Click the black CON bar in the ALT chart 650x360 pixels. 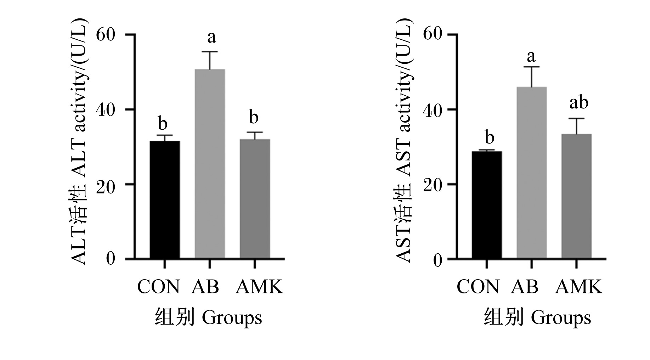click(165, 200)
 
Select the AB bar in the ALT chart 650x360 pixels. click(210, 164)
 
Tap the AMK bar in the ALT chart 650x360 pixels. click(255, 199)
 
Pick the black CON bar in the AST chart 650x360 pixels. click(487, 205)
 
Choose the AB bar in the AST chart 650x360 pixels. click(532, 173)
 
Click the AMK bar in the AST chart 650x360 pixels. click(577, 196)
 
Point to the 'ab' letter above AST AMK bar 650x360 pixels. click(579, 102)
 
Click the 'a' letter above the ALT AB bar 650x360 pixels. click(211, 37)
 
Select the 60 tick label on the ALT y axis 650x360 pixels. click(106, 35)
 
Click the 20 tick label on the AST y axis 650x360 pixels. click(433, 185)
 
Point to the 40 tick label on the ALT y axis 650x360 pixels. click(106, 110)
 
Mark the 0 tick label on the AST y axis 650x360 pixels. click(438, 260)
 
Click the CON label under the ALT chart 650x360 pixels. click(158, 287)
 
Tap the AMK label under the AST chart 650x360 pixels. click(579, 287)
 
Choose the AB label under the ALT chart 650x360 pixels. click(205, 287)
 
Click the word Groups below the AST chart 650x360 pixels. click(561, 318)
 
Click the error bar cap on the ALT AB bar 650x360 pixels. click(210, 52)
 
